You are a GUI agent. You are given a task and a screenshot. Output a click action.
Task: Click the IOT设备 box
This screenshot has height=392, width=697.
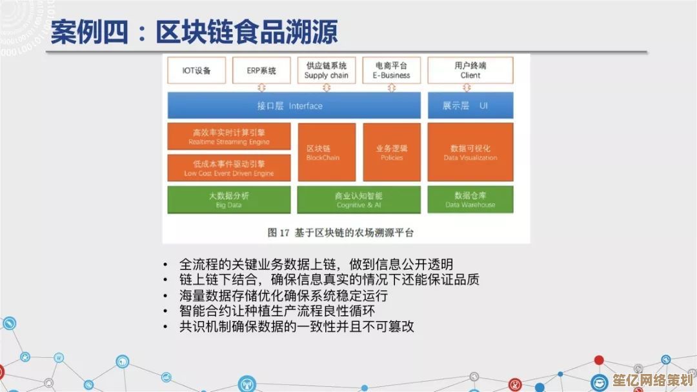(x=196, y=70)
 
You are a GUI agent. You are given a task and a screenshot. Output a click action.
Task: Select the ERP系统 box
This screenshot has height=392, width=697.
(x=261, y=70)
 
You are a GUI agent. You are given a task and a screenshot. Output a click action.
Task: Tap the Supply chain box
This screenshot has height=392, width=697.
(x=327, y=70)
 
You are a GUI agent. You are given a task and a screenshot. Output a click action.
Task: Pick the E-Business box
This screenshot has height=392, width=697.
(x=392, y=70)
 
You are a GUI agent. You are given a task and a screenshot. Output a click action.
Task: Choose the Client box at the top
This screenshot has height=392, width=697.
(x=470, y=70)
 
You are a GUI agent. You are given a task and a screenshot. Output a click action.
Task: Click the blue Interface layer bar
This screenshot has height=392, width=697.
(x=294, y=106)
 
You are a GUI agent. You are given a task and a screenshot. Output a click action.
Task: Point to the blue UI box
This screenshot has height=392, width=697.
(x=470, y=106)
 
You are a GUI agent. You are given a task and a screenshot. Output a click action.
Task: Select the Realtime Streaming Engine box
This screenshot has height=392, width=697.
(x=229, y=136)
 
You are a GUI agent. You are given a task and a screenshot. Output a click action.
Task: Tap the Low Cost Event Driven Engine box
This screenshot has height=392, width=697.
(x=229, y=168)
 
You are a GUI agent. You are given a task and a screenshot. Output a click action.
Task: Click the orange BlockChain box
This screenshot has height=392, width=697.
(x=327, y=152)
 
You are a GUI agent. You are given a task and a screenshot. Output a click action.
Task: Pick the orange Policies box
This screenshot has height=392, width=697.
(x=392, y=152)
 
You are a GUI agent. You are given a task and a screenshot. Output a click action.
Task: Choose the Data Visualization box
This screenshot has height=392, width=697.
(x=470, y=152)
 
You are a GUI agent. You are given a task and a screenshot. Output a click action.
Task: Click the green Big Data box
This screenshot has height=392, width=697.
(x=229, y=200)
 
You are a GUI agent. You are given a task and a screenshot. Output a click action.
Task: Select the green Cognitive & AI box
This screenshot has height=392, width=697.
(x=359, y=200)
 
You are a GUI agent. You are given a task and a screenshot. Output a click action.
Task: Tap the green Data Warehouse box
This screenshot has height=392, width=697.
(x=470, y=200)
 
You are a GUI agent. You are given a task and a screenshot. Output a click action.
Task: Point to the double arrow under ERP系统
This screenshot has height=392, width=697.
(x=261, y=88)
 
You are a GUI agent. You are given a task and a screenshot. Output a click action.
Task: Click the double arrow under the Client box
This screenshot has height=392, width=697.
(x=467, y=88)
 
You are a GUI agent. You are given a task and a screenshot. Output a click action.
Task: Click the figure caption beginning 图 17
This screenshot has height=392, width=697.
(x=341, y=233)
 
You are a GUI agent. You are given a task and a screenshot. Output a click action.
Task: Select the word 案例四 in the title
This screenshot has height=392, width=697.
(x=89, y=32)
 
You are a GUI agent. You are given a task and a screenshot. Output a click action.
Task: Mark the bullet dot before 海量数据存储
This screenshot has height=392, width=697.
(x=165, y=296)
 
